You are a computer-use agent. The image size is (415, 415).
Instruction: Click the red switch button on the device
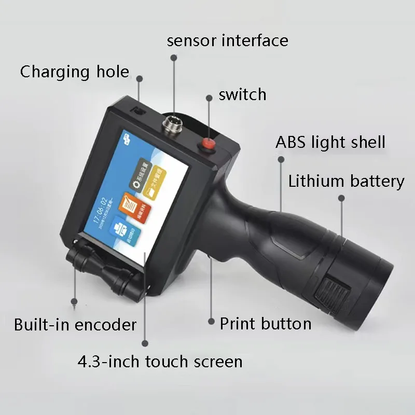(208, 143)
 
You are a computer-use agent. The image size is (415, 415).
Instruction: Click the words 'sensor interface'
(227, 40)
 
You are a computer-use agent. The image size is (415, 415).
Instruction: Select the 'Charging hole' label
(75, 72)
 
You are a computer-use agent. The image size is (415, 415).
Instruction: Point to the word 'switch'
(242, 94)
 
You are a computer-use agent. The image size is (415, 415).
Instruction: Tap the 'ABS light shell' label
(330, 142)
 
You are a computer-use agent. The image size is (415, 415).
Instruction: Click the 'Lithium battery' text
(346, 181)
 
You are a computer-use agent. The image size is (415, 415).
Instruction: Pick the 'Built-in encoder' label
(75, 325)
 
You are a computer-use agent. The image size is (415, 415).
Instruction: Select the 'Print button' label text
(266, 324)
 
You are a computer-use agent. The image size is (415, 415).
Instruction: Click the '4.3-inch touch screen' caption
(159, 361)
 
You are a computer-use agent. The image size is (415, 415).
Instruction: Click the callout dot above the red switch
(209, 97)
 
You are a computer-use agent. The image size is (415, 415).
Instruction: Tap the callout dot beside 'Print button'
(211, 322)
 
